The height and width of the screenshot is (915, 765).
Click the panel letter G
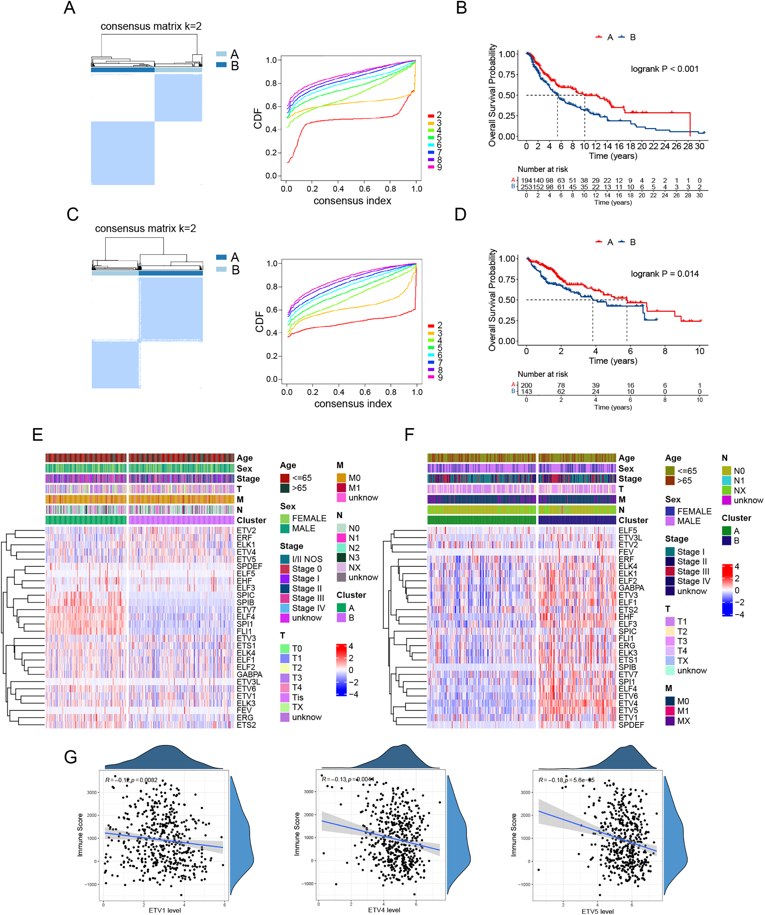pos(70,757)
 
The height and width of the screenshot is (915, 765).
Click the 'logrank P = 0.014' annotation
pos(664,274)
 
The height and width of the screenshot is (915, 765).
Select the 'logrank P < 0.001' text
pos(664,69)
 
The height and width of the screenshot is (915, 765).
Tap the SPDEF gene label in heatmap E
pos(249,567)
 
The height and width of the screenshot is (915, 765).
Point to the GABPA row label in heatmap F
pos(631,588)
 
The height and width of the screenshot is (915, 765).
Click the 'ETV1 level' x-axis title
pos(165,910)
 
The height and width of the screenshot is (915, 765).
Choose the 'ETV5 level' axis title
pos(598,911)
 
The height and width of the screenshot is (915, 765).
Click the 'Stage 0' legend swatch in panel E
pos(285,569)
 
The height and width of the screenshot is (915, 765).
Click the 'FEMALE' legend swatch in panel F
pos(670,511)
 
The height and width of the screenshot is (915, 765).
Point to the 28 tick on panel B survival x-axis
pos(688,146)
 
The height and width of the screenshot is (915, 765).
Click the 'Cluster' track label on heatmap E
pos(251,520)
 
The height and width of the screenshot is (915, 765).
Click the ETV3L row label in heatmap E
pos(248,682)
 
